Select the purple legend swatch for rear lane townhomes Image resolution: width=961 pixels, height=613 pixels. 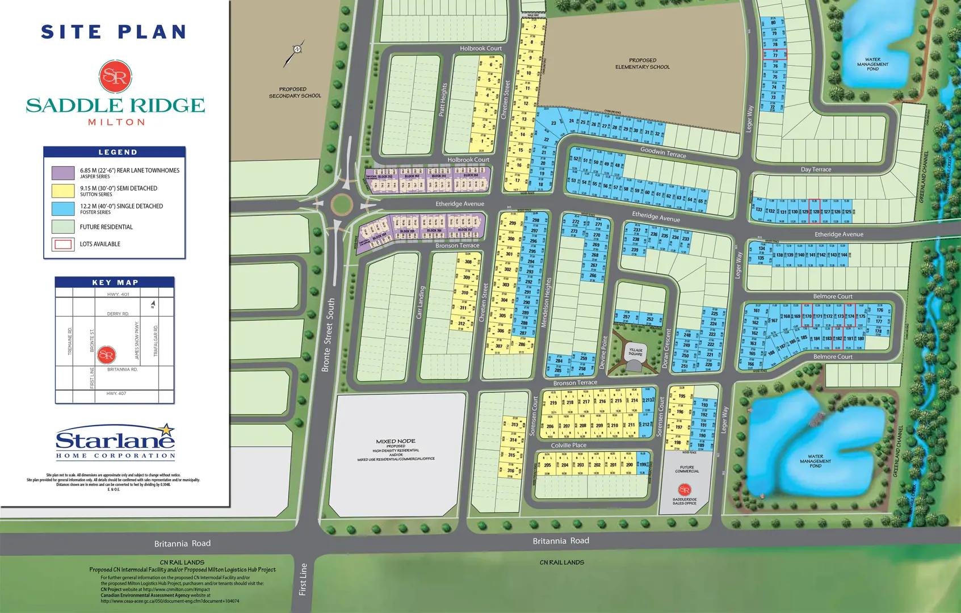pyautogui.click(x=62, y=173)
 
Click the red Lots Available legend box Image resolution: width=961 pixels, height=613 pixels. pyautogui.click(x=62, y=244)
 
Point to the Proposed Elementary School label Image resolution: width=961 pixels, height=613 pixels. pyautogui.click(x=643, y=64)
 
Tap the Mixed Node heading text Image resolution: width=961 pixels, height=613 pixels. pyautogui.click(x=395, y=441)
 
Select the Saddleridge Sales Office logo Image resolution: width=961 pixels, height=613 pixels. pyautogui.click(x=684, y=489)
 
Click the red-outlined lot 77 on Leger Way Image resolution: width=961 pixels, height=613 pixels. pyautogui.click(x=775, y=55)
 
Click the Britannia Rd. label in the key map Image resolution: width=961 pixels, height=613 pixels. pyautogui.click(x=122, y=369)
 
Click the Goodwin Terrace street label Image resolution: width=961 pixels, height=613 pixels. pyautogui.click(x=663, y=152)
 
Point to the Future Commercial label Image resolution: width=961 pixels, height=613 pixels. pyautogui.click(x=687, y=469)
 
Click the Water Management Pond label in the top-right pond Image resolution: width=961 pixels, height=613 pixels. pyautogui.click(x=872, y=64)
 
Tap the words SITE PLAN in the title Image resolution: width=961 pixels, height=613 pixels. pyautogui.click(x=114, y=32)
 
